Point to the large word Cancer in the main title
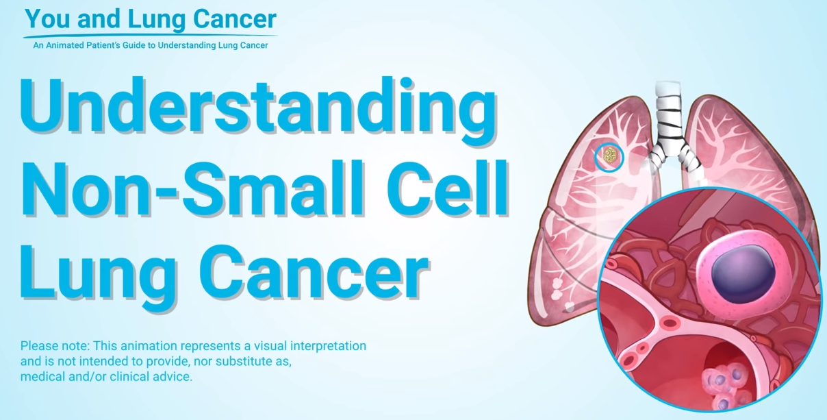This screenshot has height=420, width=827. tap(314, 271)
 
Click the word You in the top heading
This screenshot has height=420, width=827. tap(47, 18)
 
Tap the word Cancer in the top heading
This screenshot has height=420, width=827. tap(235, 18)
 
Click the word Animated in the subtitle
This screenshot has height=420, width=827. tap(64, 45)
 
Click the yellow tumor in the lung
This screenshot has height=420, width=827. tap(609, 155)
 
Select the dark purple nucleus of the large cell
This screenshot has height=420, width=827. tap(743, 274)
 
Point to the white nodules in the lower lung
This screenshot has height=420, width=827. tap(557, 289)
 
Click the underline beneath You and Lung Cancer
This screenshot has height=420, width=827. tap(150, 36)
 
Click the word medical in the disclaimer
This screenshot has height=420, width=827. tap(42, 377)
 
